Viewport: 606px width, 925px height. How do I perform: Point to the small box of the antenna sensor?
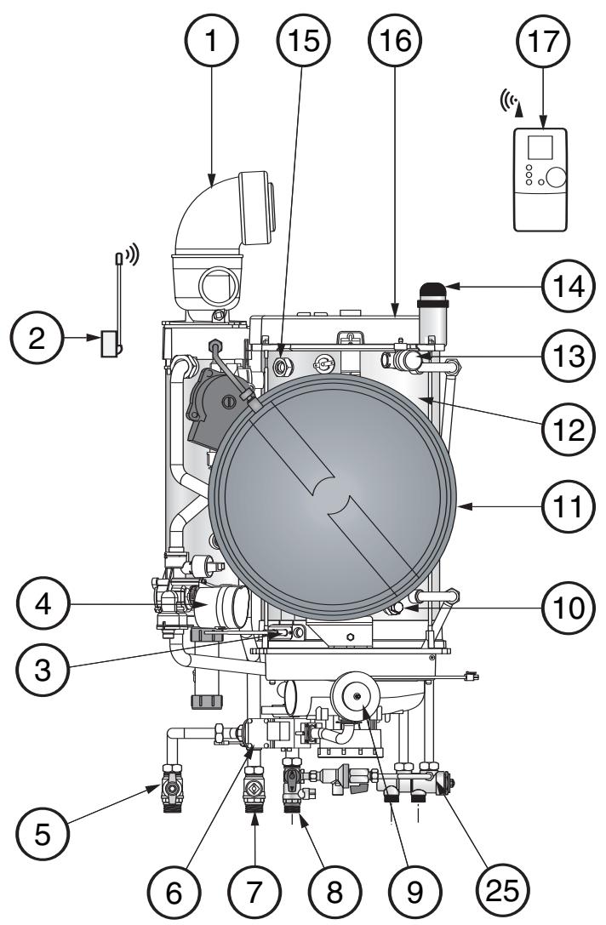(109, 344)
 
